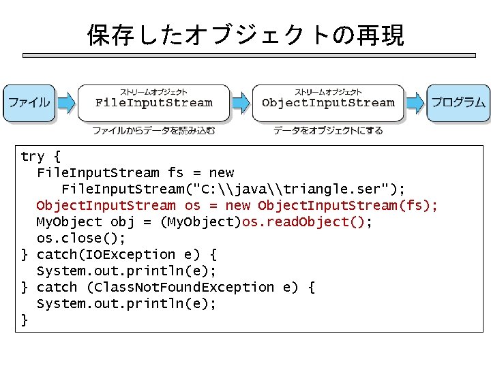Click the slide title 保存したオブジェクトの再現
[245, 35]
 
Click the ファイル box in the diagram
[29, 103]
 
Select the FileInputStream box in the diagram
[153, 103]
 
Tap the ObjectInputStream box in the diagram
[328, 103]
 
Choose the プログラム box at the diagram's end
[458, 103]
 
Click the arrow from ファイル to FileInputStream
[65, 103]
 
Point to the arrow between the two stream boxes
[241, 103]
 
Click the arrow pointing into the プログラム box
[415, 103]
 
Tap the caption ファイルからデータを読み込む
[153, 130]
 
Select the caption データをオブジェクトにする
[328, 130]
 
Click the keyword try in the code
[32, 157]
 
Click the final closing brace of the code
[25, 320]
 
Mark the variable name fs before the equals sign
[175, 173]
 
